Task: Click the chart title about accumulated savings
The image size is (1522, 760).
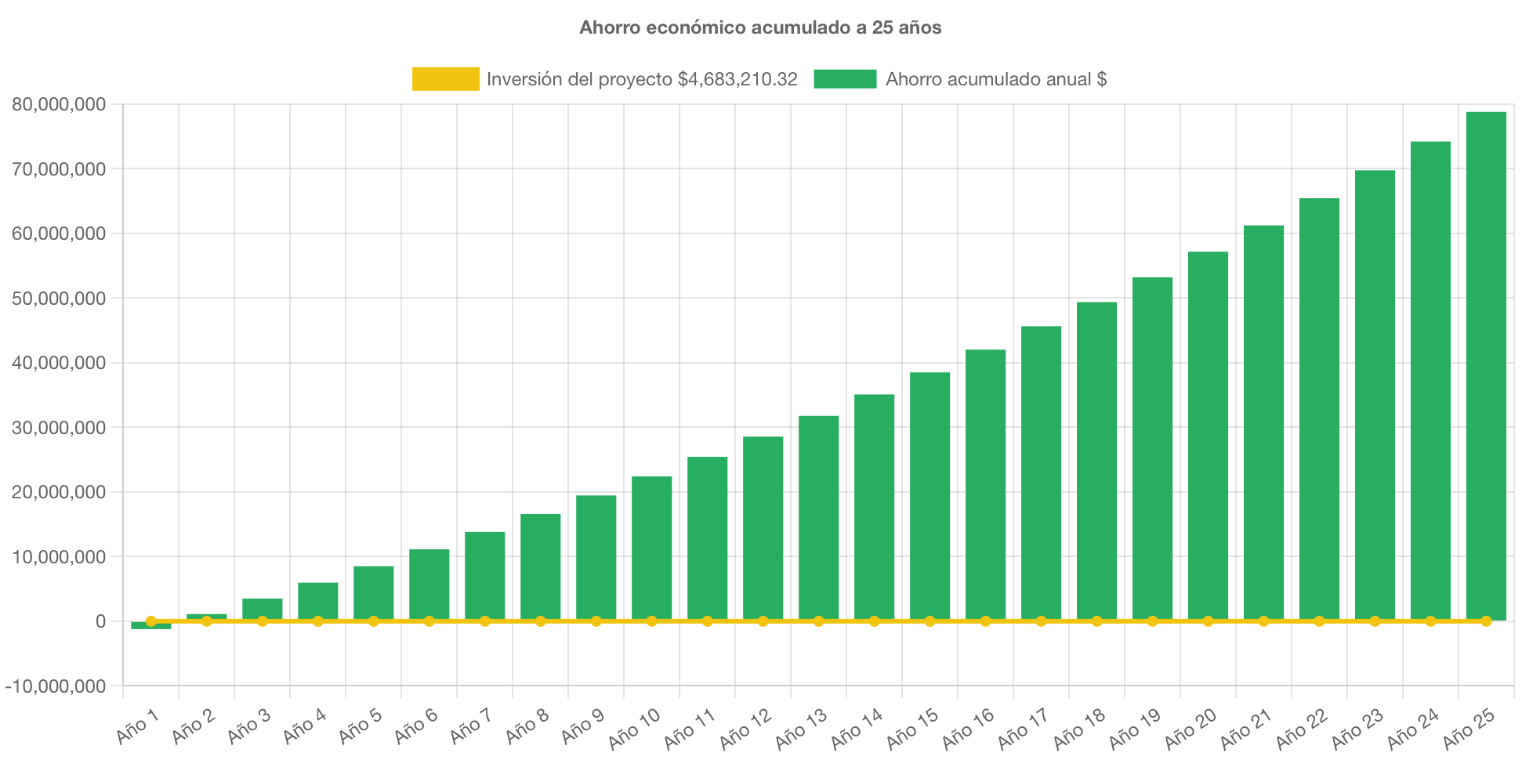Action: [x=760, y=28]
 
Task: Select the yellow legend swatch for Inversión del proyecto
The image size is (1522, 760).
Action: [x=446, y=79]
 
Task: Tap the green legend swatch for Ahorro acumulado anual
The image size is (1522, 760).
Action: [x=845, y=79]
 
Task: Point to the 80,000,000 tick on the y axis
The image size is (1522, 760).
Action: [x=59, y=104]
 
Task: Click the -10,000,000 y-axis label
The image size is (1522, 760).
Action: [x=56, y=686]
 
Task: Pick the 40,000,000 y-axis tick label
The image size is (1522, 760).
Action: [x=59, y=363]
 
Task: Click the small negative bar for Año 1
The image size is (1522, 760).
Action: [x=151, y=626]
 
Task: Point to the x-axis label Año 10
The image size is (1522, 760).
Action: [x=635, y=727]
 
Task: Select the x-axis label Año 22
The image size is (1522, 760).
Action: [x=1302, y=727]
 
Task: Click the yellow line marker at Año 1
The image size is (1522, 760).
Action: [x=151, y=621]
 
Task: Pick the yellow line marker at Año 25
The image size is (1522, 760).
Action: [x=1486, y=621]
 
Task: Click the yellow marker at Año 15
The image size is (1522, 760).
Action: [x=930, y=621]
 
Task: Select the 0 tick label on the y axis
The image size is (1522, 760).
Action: [x=100, y=621]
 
